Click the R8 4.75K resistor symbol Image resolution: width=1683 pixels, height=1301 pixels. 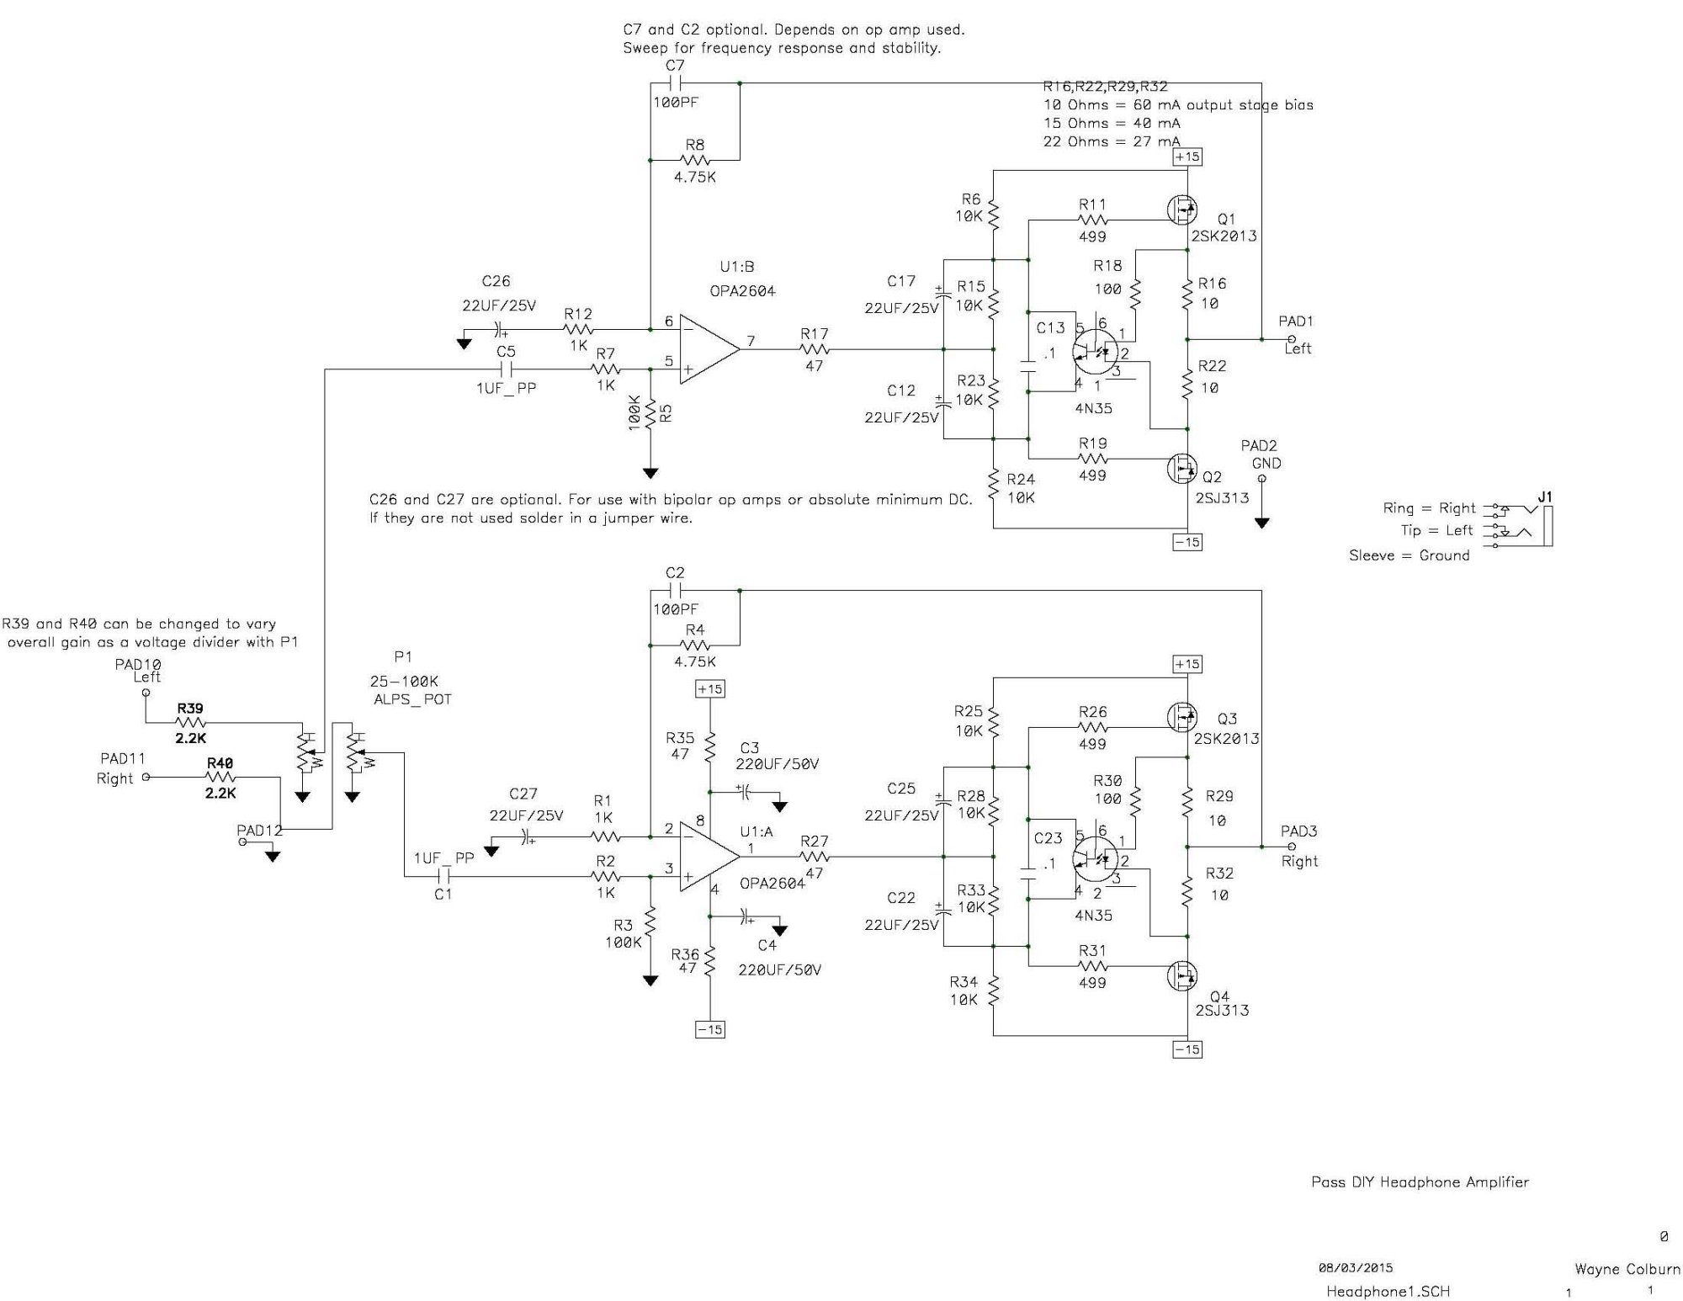pos(695,160)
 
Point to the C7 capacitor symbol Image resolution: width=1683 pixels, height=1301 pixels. pos(675,83)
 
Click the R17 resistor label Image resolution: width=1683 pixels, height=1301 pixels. pos(815,334)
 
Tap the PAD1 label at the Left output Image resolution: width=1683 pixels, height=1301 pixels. pos(1296,321)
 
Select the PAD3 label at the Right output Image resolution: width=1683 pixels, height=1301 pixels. pos(1298,831)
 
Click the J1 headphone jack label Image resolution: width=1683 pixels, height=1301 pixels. pos(1545,497)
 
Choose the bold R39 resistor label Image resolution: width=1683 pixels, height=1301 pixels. pos(190,709)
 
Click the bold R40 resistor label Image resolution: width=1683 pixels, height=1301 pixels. pos(220,763)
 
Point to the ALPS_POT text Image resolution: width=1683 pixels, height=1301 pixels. pos(412,699)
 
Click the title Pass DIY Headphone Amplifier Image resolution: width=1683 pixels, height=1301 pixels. pos(1420,1182)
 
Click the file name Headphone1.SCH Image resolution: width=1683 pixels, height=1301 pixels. pos(1388,1291)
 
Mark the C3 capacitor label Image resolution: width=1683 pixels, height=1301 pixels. pos(749,748)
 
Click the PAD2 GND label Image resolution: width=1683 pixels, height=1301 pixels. pos(1260,454)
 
